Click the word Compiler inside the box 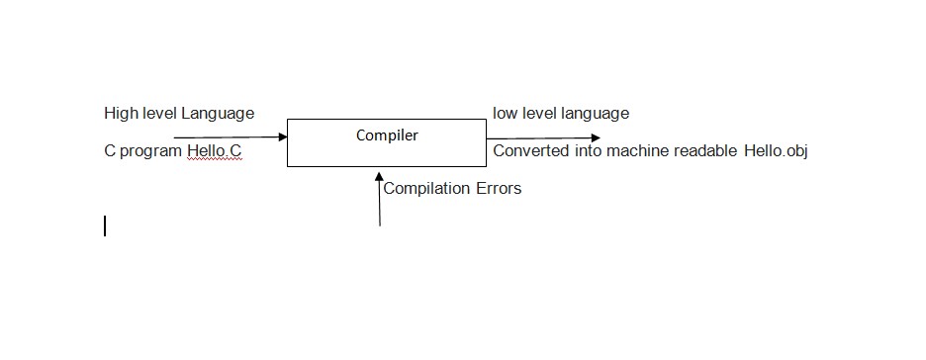coord(387,135)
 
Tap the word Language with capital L coord(218,113)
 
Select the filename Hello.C coord(214,151)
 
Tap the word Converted coord(531,151)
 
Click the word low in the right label coord(505,113)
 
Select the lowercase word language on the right coord(596,113)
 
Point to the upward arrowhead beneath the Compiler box coord(379,176)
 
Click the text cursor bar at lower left coord(105,226)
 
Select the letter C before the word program coord(110,151)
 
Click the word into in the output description coord(588,151)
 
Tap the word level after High coord(159,113)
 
